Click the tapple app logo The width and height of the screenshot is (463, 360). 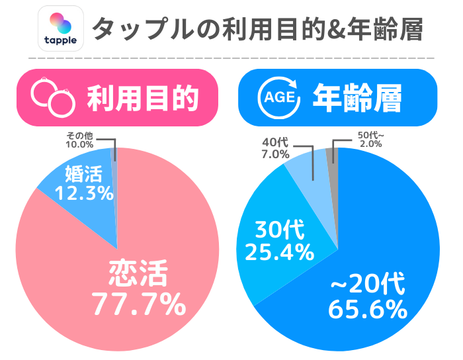click(62, 28)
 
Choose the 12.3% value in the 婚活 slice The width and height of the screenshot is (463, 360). click(83, 194)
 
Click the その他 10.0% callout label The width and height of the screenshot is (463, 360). click(79, 140)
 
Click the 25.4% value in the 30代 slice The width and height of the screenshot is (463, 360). click(278, 251)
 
